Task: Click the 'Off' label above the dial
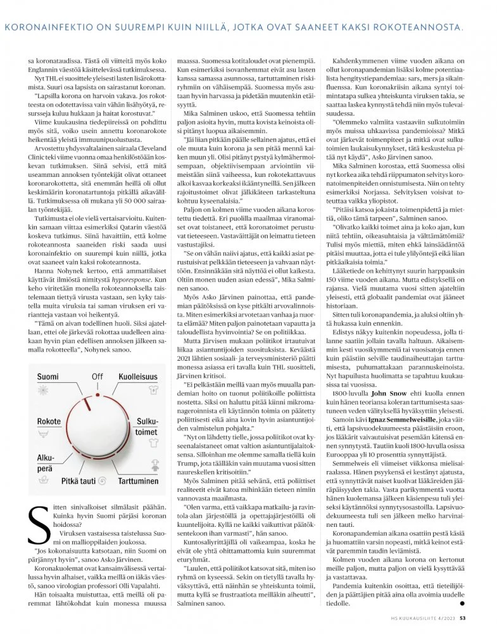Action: coord(97,377)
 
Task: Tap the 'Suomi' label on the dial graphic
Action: coord(47,377)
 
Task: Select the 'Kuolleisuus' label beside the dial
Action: coord(137,377)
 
